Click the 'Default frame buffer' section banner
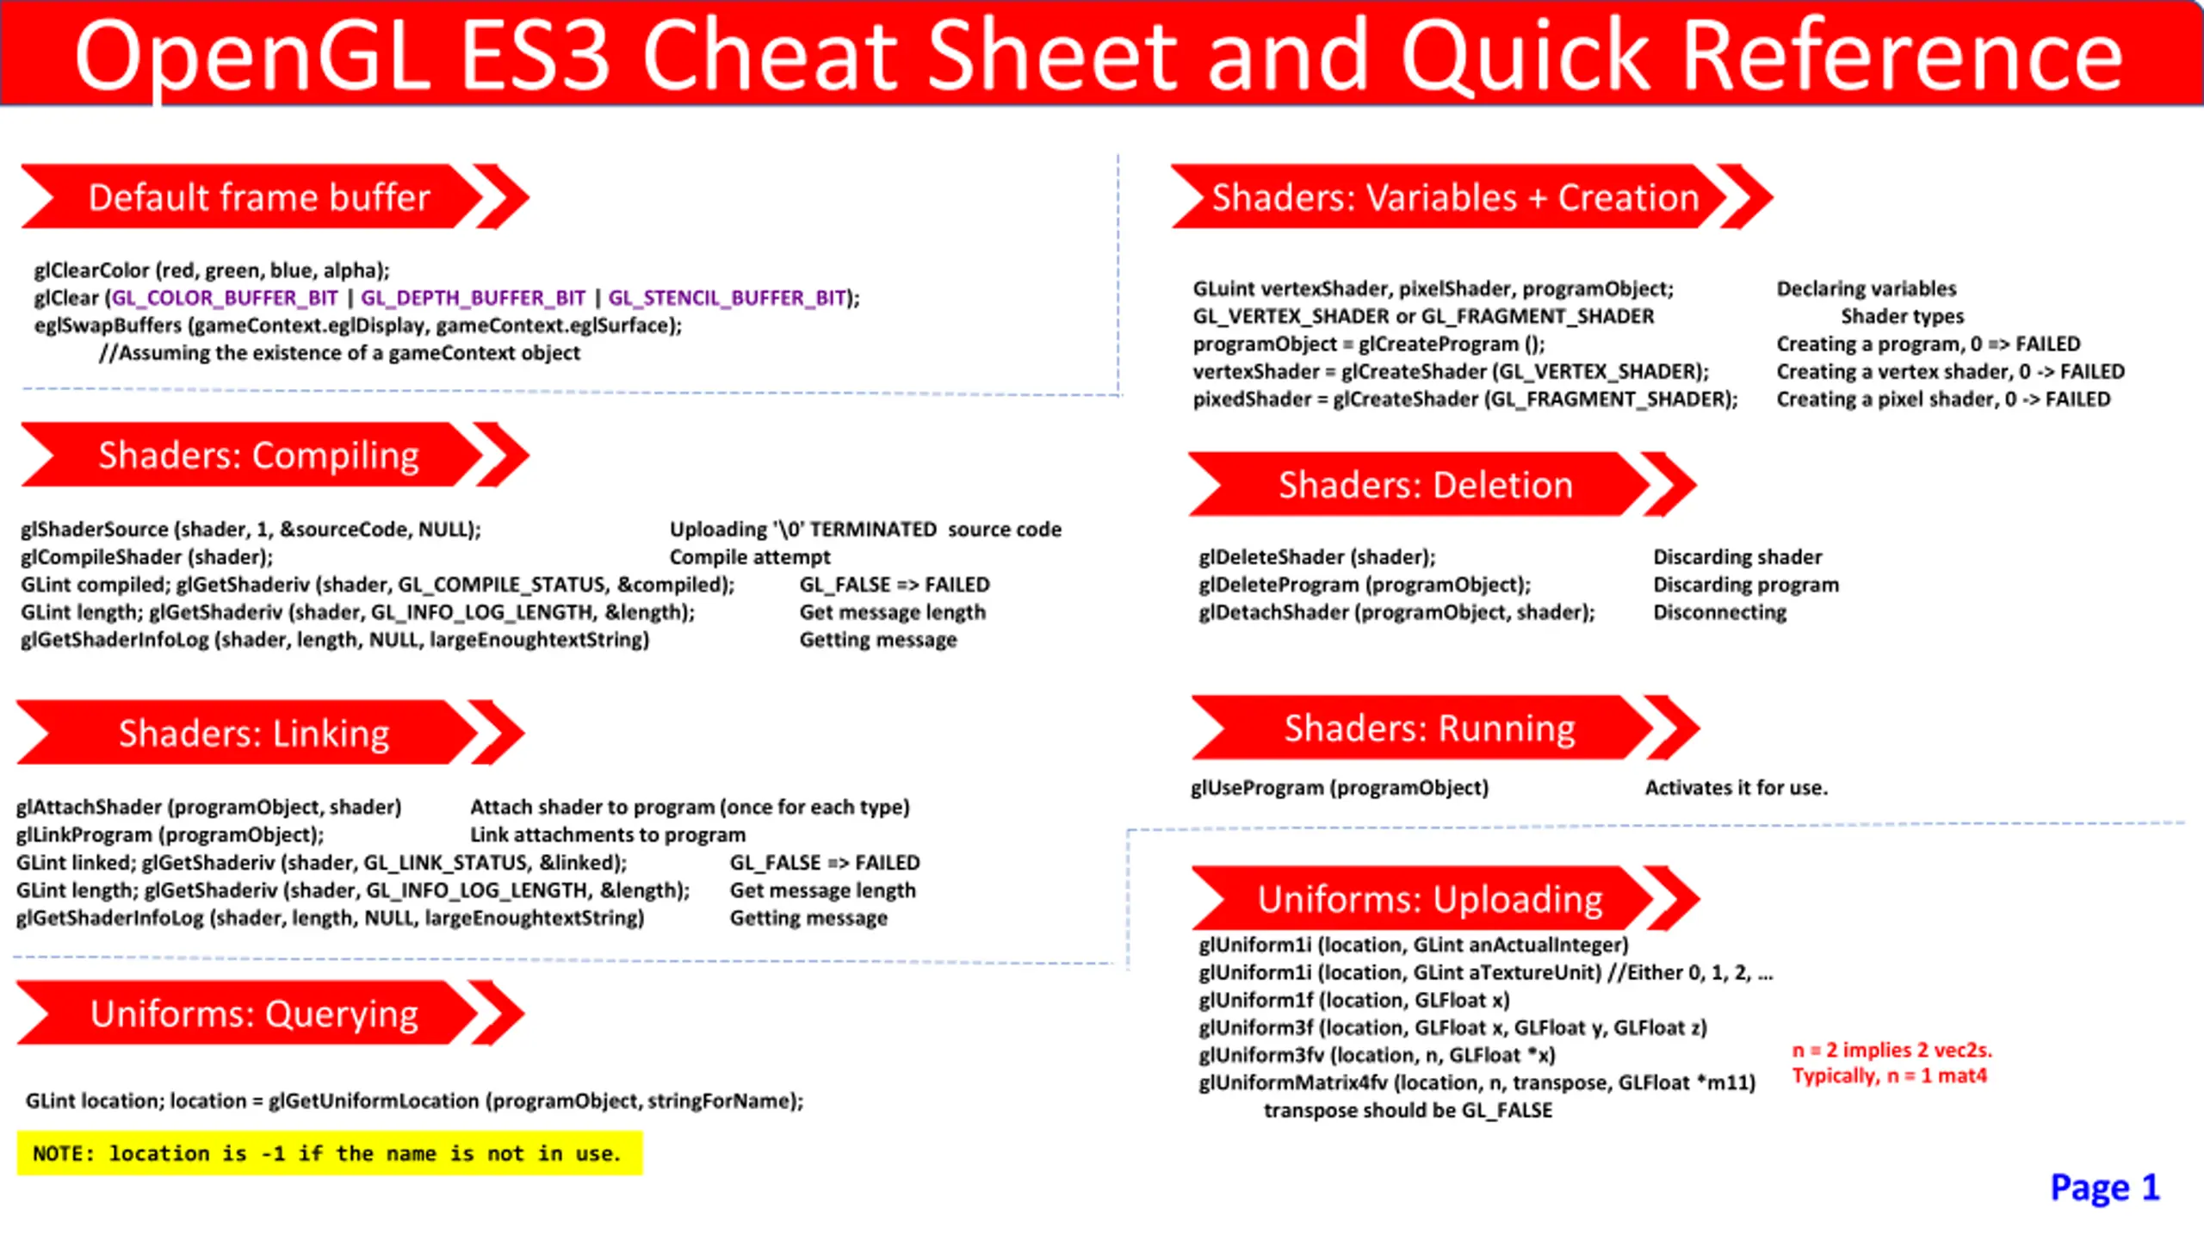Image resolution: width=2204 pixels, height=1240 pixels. tap(274, 197)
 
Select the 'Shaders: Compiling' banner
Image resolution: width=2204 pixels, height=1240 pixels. tap(274, 455)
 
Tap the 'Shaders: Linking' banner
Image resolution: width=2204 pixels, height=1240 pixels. tap(270, 733)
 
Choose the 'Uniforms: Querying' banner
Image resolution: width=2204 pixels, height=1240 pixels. tap(270, 1014)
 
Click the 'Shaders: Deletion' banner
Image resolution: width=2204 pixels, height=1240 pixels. tap(1442, 485)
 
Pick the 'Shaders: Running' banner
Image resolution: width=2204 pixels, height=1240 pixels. tap(1446, 728)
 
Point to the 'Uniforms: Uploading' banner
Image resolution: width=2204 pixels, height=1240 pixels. tap(1446, 899)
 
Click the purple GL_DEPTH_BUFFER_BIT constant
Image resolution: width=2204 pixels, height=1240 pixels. tap(473, 298)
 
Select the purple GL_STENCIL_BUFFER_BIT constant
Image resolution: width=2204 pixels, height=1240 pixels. tap(727, 298)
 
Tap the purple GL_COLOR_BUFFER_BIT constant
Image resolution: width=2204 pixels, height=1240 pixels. tap(225, 298)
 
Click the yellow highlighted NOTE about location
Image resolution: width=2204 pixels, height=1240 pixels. tap(330, 1153)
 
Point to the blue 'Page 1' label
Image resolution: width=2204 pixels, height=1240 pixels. tap(2105, 1187)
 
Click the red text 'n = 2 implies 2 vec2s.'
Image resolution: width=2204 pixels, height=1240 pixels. tap(1892, 1050)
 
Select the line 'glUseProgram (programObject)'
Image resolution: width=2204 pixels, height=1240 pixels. tap(1340, 788)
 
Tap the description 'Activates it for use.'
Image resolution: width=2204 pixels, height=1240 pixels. tap(1737, 788)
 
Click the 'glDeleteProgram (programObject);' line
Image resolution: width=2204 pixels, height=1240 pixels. tap(1365, 585)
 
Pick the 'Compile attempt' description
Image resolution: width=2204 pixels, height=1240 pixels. tap(750, 557)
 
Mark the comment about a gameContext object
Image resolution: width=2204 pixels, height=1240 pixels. tap(339, 353)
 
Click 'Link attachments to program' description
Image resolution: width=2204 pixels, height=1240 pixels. tap(608, 834)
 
